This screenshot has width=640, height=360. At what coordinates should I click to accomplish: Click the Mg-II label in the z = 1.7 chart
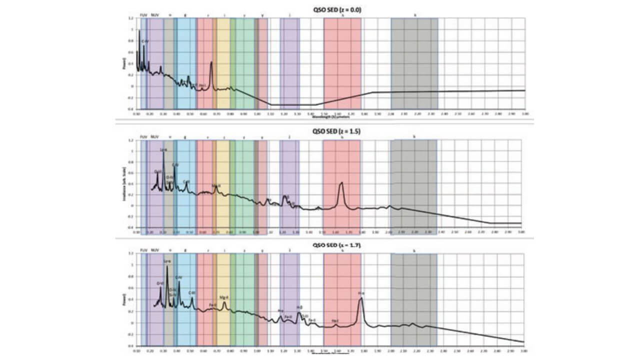tap(224, 297)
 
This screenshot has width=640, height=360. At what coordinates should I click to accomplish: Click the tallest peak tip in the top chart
tap(139, 31)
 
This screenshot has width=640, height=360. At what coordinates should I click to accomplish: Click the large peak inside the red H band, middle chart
tap(341, 183)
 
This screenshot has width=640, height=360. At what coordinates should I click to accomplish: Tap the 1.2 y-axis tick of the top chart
tap(131, 18)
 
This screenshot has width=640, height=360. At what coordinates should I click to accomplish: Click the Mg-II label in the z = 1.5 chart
tap(216, 185)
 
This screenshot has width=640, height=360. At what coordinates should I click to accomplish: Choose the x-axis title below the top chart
tap(330, 118)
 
